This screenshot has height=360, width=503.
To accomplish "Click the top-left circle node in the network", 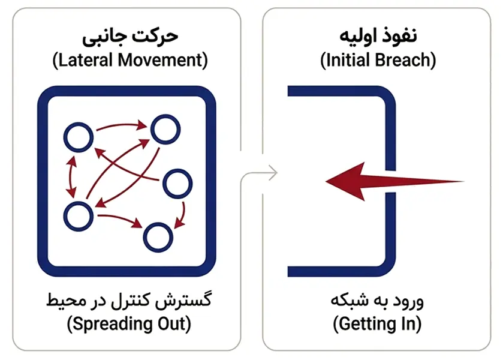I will (79, 139).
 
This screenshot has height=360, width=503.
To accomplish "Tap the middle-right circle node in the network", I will (178, 184).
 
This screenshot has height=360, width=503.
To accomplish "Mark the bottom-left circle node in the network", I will (79, 217).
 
